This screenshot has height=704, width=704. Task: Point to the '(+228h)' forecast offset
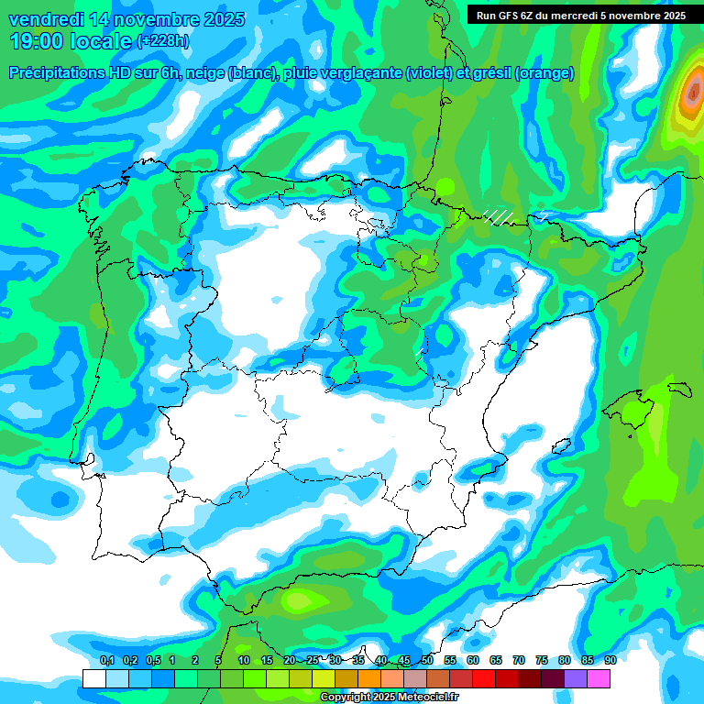pyautogui.click(x=162, y=41)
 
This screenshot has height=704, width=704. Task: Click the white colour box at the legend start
pyautogui.click(x=93, y=678)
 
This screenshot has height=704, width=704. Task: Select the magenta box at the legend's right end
pyautogui.click(x=599, y=678)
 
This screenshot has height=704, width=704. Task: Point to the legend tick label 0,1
pyautogui.click(x=106, y=661)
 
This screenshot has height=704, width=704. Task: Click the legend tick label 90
pyautogui.click(x=610, y=661)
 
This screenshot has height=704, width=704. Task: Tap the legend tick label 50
pyautogui.click(x=427, y=661)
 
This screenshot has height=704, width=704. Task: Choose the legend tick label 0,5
pyautogui.click(x=152, y=661)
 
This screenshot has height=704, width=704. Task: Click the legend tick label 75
pyautogui.click(x=542, y=661)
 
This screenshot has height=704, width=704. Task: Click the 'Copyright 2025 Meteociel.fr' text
pyautogui.click(x=389, y=697)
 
